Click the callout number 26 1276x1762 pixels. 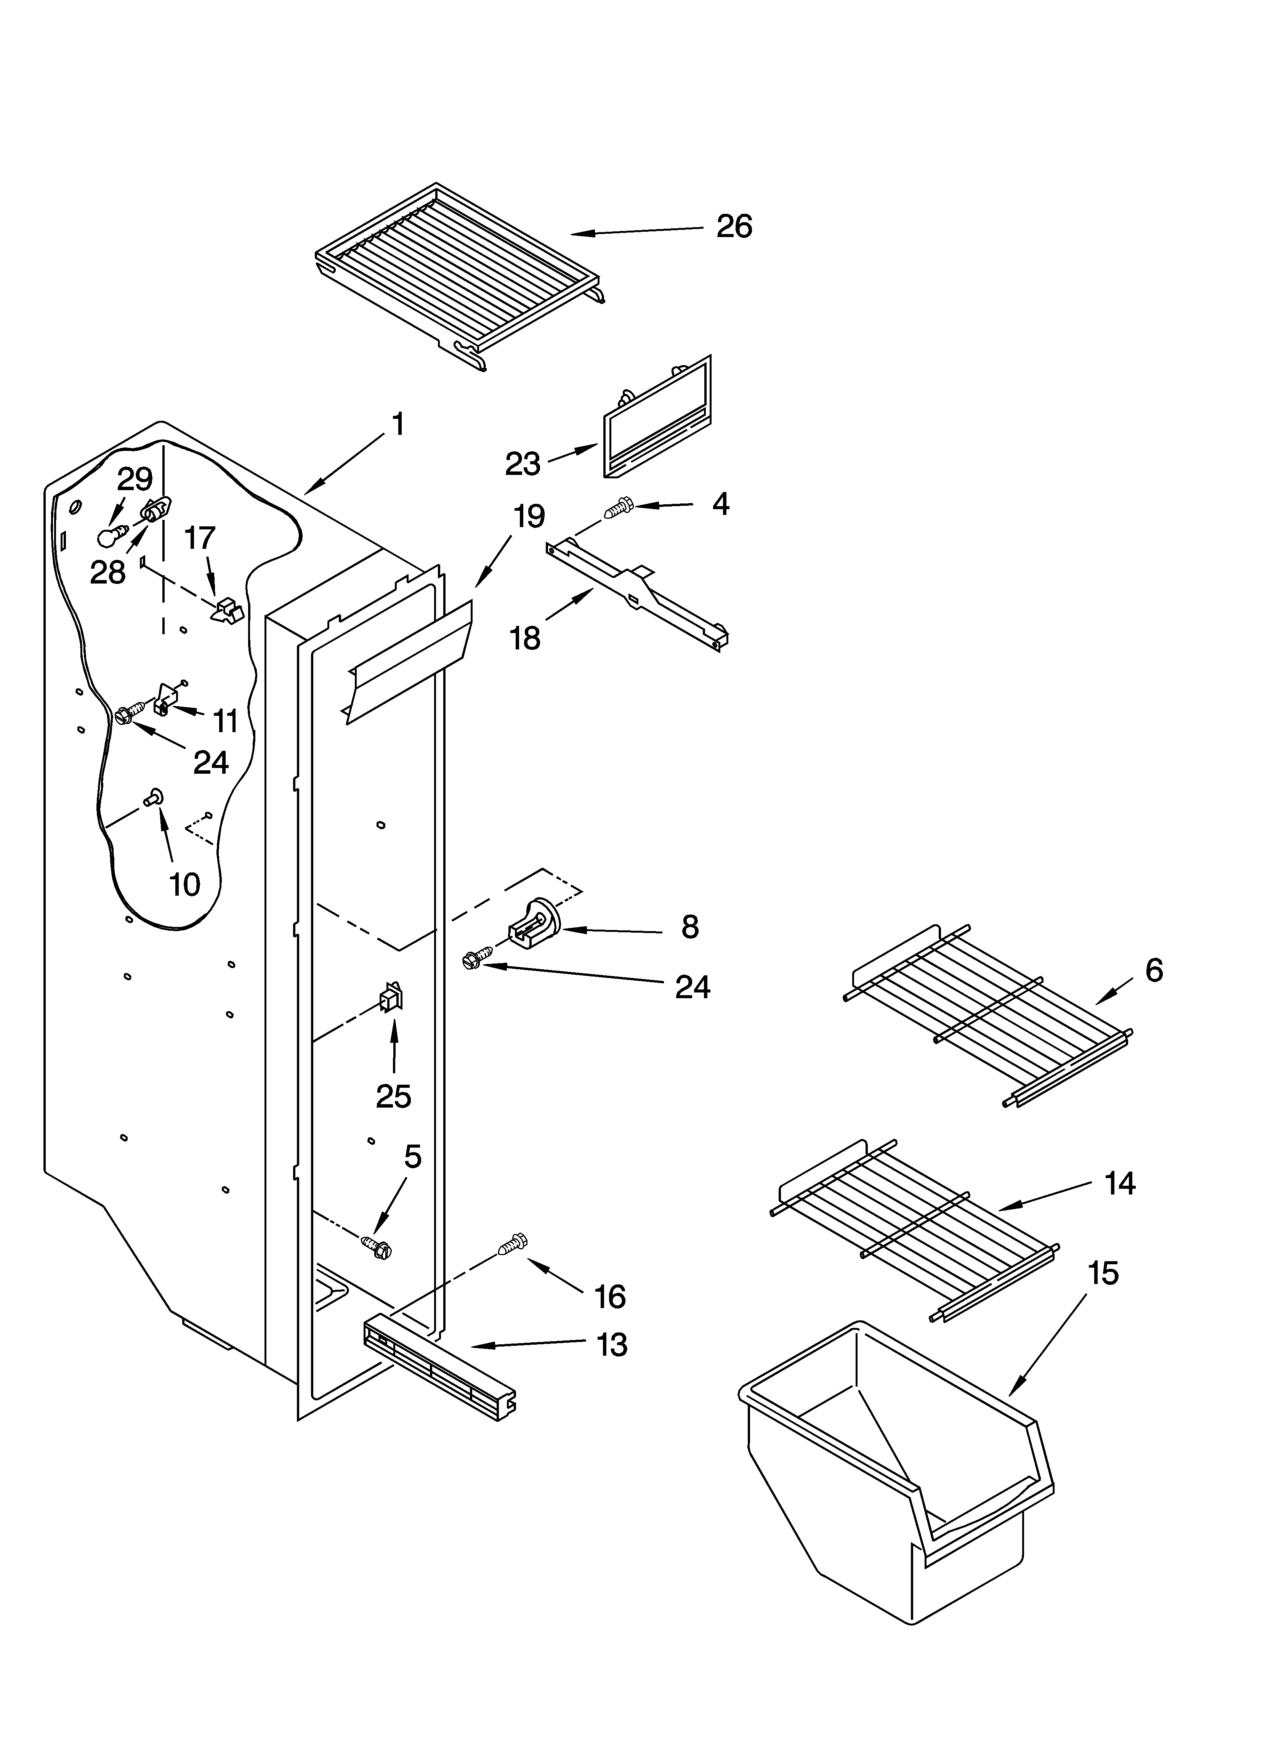(734, 227)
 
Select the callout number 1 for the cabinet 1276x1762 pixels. (397, 425)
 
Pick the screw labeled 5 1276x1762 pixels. (377, 1245)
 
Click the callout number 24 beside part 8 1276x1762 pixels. (692, 987)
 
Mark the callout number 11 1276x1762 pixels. (225, 721)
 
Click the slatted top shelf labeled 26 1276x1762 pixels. (458, 276)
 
